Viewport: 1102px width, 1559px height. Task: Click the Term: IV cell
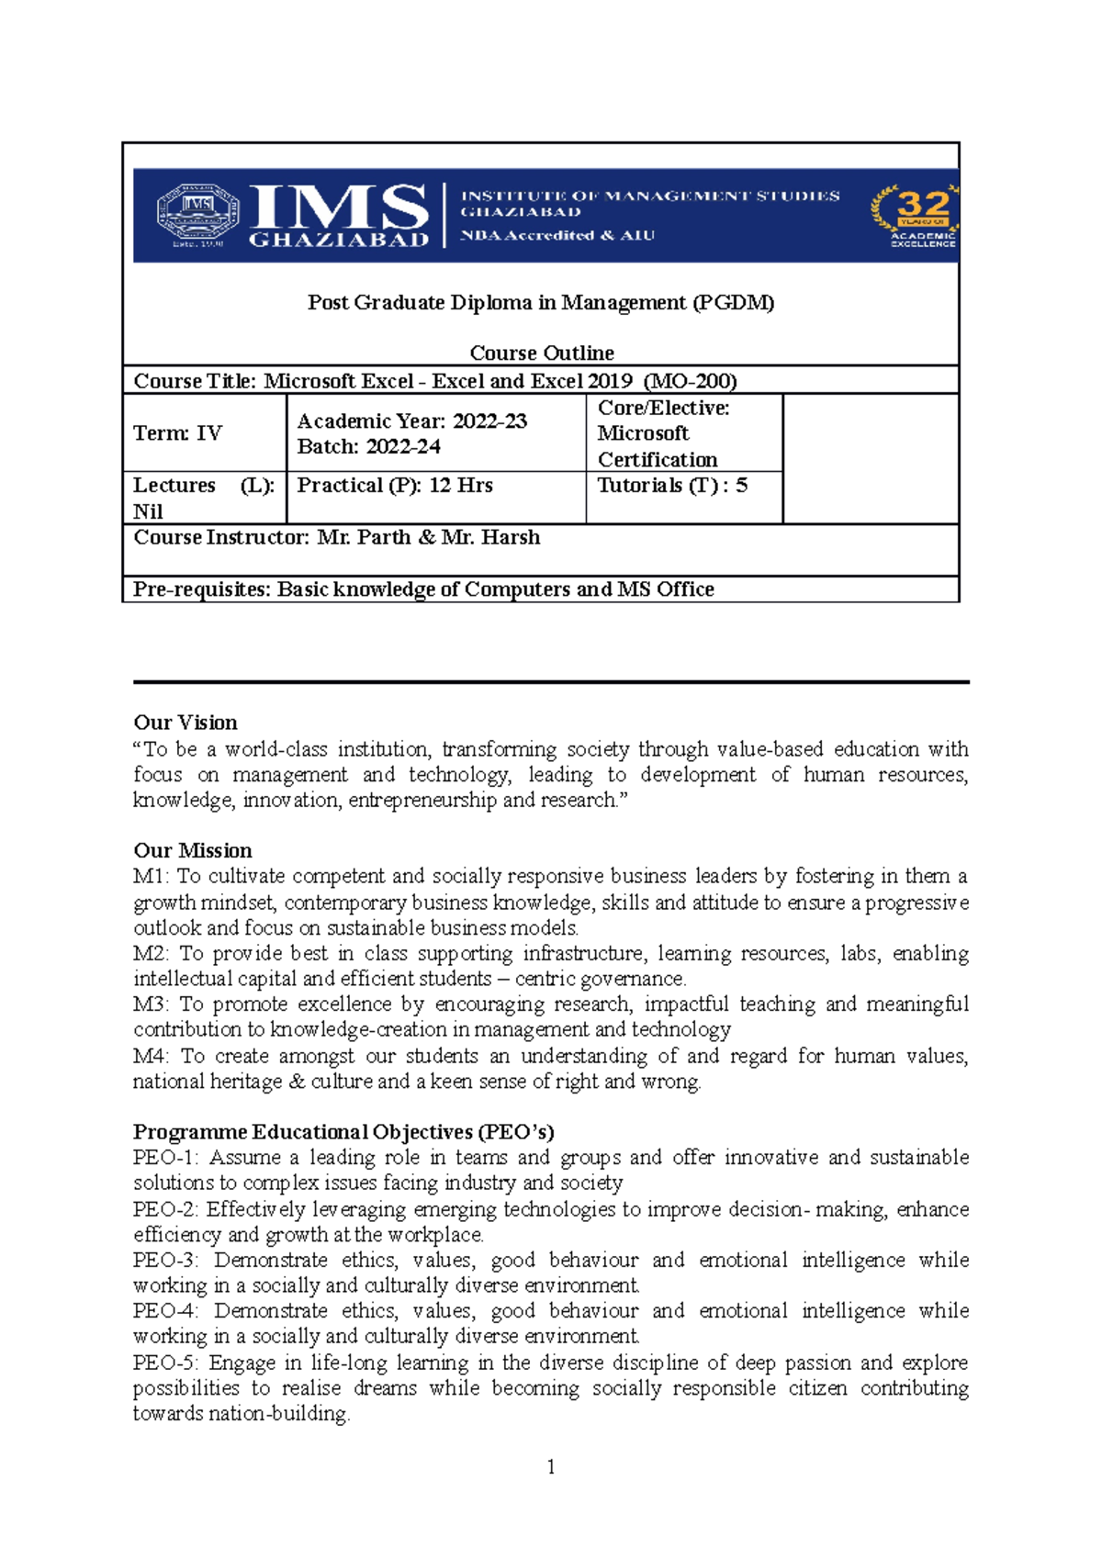coord(178,433)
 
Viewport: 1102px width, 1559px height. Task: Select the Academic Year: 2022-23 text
coord(412,421)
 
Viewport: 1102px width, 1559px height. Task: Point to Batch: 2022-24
coord(368,447)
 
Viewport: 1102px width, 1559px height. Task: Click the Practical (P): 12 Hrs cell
coord(395,486)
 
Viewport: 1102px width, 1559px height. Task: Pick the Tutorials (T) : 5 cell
coord(672,486)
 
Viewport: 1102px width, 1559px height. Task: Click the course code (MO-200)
coord(691,381)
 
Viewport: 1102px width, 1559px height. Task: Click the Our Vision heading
coord(186,723)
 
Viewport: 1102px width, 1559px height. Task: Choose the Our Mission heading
coord(193,850)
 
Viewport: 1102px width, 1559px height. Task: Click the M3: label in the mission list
coord(151,1004)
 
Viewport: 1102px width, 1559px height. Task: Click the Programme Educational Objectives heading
coord(343,1132)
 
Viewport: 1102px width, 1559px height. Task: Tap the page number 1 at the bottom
coord(551,1467)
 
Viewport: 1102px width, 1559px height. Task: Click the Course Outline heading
coord(542,353)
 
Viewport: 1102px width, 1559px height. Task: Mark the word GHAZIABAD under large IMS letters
coord(339,241)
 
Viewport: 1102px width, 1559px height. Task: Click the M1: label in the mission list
coord(151,877)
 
